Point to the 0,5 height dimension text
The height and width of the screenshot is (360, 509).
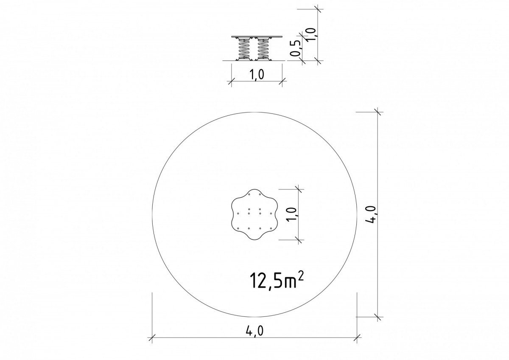coord(296,48)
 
